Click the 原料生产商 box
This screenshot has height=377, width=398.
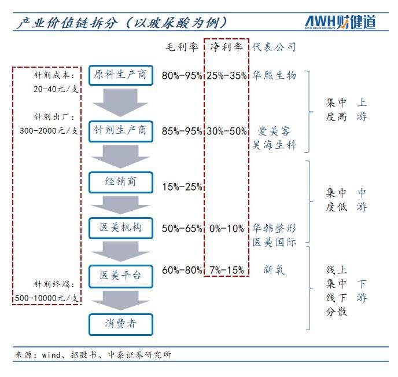pos(121,75)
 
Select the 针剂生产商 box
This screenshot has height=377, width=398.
pos(121,131)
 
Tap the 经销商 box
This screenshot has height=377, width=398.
pos(121,182)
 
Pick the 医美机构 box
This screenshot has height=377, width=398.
pos(121,228)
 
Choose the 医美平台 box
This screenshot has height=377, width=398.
pos(121,276)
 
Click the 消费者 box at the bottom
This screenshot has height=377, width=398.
pos(121,324)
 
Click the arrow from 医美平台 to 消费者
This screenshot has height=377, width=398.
pos(120,301)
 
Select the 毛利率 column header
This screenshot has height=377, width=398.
pos(182,47)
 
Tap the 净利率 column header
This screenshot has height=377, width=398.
pos(226,47)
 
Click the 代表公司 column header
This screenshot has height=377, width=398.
pos(274,47)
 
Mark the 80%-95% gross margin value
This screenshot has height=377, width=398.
pos(182,76)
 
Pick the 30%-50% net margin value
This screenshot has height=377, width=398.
pos(227,131)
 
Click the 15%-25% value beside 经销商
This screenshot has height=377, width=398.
pos(182,187)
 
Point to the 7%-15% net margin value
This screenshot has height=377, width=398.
pos(227,270)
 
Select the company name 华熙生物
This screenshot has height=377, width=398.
pos(274,75)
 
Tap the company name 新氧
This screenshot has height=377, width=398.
pos(274,270)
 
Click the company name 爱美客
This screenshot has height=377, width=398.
pos(274,131)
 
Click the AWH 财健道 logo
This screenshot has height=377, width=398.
pos(340,23)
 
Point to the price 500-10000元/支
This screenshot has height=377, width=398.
pos(46,298)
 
